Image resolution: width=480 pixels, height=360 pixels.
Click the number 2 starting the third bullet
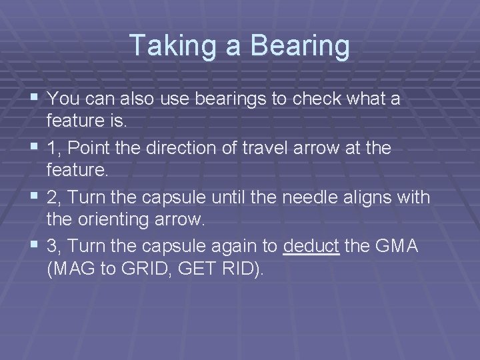coord(52,197)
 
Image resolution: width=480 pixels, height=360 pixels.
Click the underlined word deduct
coord(311,246)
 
